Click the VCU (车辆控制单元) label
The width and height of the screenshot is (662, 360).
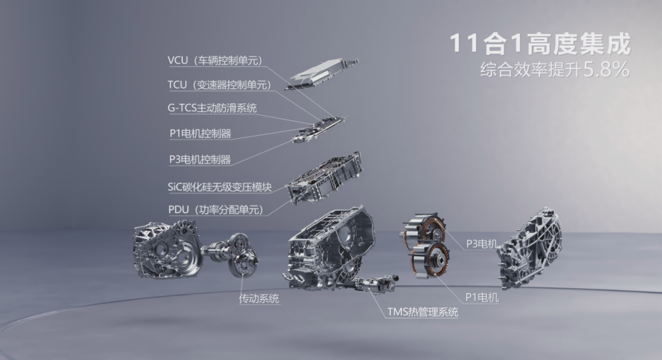click(x=215, y=60)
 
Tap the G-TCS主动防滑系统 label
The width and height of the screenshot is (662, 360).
click(x=212, y=108)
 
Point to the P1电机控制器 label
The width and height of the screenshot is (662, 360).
click(x=200, y=133)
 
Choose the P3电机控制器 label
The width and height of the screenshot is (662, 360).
click(x=200, y=159)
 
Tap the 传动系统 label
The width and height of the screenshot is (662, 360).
click(x=259, y=299)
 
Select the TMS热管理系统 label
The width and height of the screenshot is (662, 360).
click(x=422, y=312)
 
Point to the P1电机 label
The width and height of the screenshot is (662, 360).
click(x=482, y=298)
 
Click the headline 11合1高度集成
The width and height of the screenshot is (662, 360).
click(x=540, y=44)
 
